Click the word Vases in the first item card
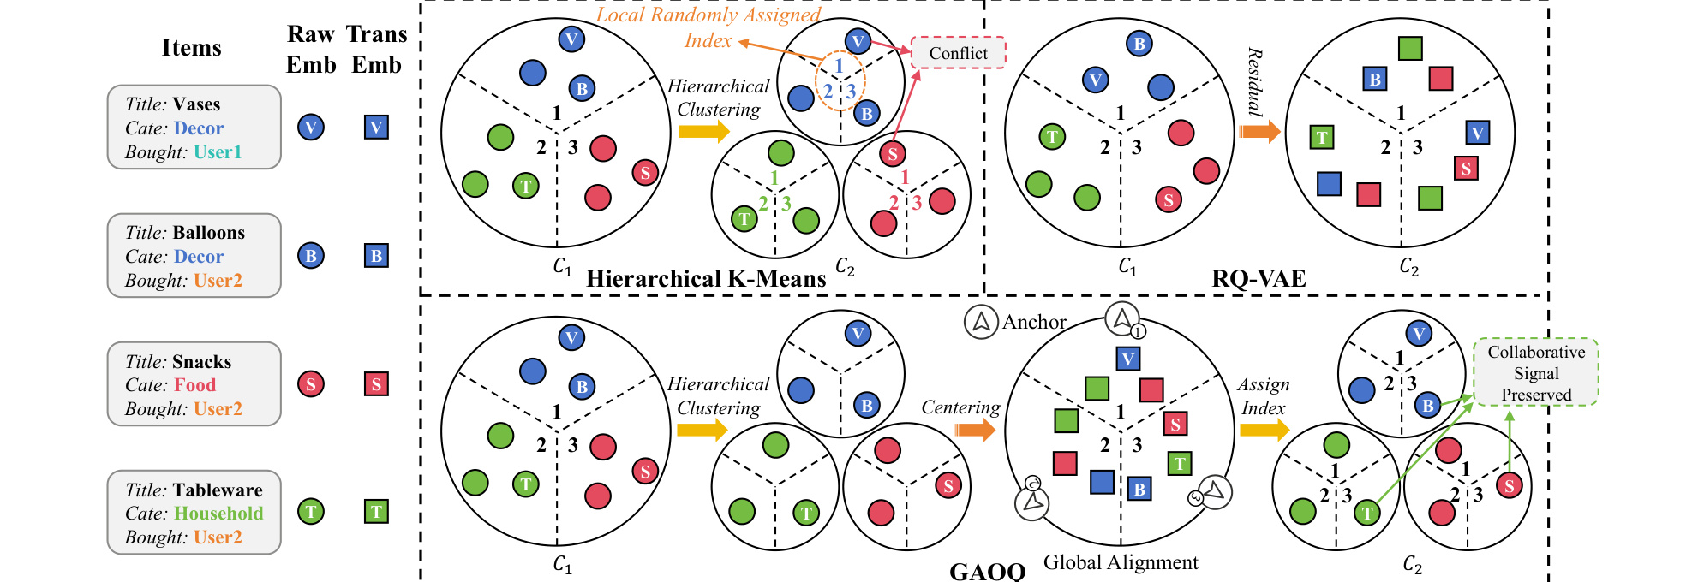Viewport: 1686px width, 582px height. (196, 104)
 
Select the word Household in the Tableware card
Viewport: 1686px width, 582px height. (218, 514)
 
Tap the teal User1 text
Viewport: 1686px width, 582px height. (218, 152)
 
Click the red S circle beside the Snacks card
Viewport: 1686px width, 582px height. (311, 384)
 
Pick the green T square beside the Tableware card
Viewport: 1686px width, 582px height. (376, 512)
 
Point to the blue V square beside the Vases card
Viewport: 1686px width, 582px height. (376, 128)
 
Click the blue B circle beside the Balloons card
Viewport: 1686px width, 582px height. (311, 256)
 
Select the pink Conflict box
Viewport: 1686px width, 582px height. (958, 53)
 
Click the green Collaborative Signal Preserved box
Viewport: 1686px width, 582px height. (1536, 373)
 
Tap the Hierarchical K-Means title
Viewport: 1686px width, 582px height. (706, 279)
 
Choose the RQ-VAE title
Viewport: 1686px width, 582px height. (1259, 279)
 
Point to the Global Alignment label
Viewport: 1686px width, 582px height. (1121, 562)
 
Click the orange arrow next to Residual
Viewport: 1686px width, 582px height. (1259, 132)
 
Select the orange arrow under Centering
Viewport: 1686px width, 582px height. (975, 429)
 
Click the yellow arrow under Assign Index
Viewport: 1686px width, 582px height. (1264, 429)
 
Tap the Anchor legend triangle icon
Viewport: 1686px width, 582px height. (982, 322)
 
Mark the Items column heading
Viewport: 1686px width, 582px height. (191, 48)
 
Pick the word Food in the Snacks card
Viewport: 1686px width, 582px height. (195, 385)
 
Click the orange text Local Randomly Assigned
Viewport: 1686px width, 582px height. (708, 15)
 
